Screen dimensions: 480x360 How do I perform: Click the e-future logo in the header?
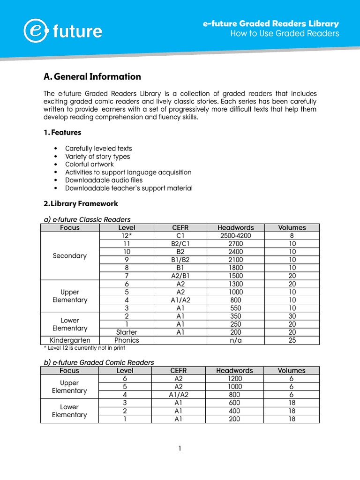(63, 31)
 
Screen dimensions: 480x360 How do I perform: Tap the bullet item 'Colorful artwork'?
(90, 165)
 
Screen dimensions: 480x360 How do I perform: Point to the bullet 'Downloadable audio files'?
(104, 180)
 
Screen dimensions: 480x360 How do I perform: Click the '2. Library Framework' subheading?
(81, 203)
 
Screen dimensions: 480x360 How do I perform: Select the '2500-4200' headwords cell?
(235, 236)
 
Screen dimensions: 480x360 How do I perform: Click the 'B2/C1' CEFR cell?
(180, 244)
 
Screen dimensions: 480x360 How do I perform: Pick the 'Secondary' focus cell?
(70, 256)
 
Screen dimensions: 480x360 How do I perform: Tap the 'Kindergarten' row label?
(70, 340)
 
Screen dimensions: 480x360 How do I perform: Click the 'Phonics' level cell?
(127, 340)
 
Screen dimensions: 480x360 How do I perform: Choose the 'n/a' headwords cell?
(235, 340)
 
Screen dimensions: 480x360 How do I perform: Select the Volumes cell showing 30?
(292, 316)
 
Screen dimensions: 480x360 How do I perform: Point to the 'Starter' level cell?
(127, 332)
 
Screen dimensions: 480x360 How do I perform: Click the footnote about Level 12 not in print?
(84, 348)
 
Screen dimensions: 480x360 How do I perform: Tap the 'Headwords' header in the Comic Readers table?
(234, 370)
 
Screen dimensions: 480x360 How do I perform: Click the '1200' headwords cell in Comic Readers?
(234, 379)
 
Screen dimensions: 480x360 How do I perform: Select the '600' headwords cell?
(234, 403)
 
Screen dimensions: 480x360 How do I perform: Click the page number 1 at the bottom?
(180, 449)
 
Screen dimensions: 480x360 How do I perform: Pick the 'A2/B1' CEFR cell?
(180, 276)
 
